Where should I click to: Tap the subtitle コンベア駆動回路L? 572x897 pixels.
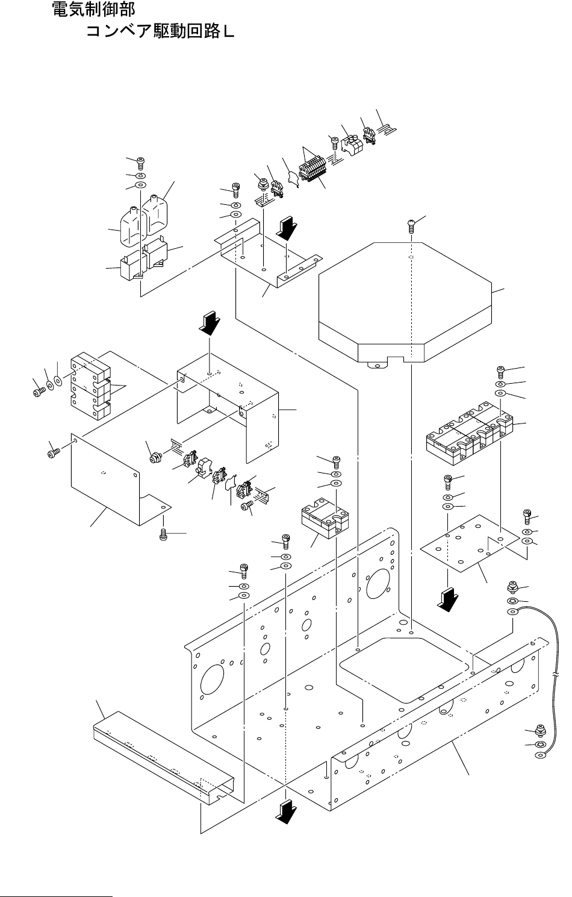tap(160, 31)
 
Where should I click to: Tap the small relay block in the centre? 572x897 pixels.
tap(325, 519)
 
